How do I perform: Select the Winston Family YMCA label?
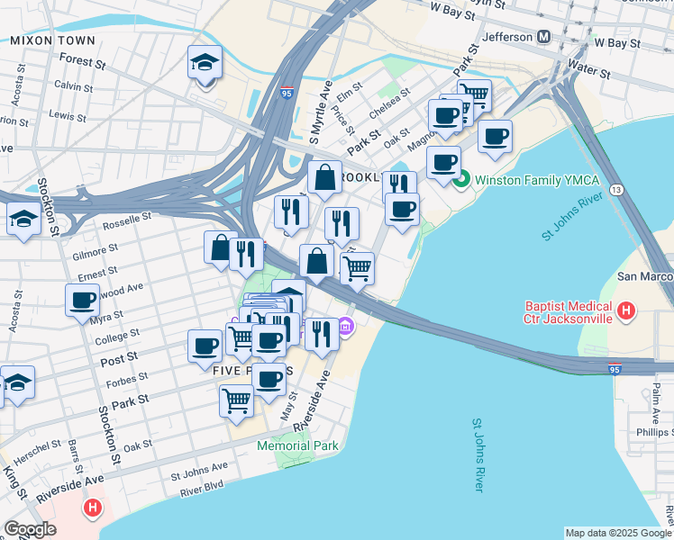[x=536, y=180]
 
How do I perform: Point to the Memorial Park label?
[x=297, y=445]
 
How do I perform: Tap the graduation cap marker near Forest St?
[x=205, y=63]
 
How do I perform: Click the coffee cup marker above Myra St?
[x=82, y=300]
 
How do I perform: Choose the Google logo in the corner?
[x=31, y=528]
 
